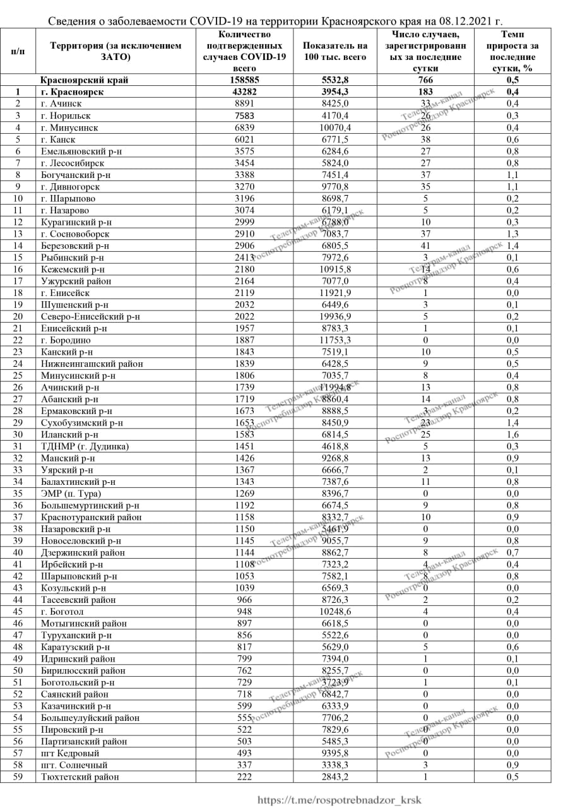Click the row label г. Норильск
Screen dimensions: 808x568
tap(66, 116)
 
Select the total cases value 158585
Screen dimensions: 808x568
tap(243, 80)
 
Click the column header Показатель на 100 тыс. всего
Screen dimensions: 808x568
tap(334, 51)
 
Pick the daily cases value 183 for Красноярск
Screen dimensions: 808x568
tap(425, 92)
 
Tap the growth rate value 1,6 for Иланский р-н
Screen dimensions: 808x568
tap(512, 434)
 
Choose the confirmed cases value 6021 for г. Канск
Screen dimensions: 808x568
tap(243, 140)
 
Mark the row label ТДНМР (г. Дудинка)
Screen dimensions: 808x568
tap(84, 446)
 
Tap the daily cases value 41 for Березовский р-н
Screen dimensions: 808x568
tap(425, 246)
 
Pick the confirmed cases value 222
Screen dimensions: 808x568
tap(243, 776)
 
